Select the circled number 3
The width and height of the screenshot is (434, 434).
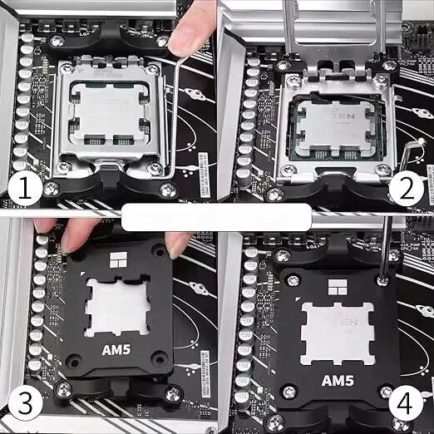24,404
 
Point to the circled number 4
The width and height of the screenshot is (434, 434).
406,405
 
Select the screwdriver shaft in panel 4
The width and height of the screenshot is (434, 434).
387,249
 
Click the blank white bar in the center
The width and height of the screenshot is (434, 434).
216,218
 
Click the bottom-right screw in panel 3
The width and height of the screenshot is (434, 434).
172,393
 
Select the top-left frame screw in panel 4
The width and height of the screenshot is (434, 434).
283,256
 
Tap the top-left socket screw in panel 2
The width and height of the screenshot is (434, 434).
284,64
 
